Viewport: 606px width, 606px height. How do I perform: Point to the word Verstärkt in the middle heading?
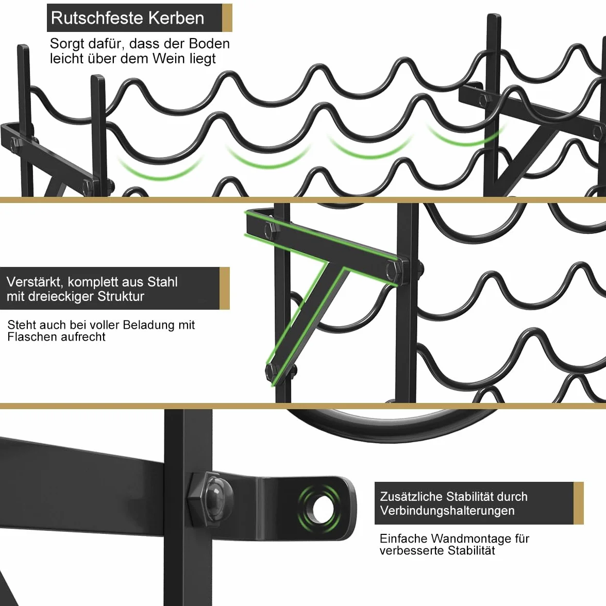coord(34,282)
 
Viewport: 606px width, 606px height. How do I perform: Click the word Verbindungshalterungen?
coord(447,511)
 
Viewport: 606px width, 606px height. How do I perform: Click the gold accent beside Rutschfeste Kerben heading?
coord(227,18)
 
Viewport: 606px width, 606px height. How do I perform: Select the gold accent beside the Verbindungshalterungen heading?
coord(579,503)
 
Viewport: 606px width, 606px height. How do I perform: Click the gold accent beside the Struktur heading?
coord(225,289)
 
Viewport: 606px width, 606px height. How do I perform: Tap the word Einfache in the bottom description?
coord(403,539)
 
